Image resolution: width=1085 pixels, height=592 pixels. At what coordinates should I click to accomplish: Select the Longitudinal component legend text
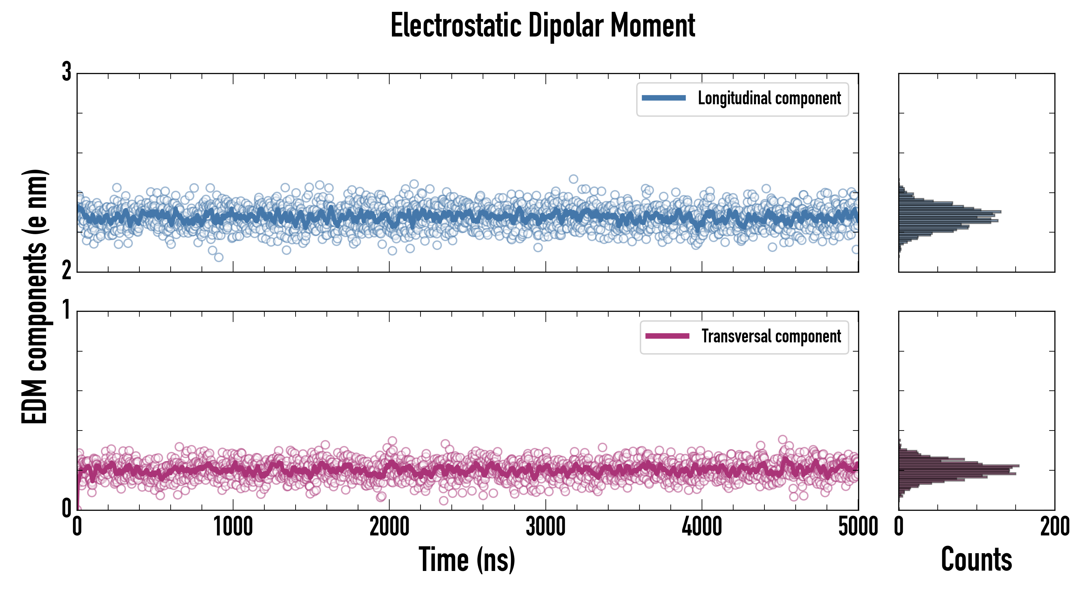(x=769, y=98)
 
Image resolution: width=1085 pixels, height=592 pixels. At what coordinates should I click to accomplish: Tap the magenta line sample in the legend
(x=667, y=336)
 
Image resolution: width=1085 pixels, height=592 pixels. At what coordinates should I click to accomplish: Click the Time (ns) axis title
(x=467, y=559)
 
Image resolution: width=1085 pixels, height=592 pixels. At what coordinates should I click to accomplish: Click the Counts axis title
(x=976, y=559)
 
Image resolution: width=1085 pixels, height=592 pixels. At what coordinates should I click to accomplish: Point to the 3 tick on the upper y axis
(x=66, y=72)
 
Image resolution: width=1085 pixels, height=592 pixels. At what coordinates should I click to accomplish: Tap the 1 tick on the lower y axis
(x=66, y=310)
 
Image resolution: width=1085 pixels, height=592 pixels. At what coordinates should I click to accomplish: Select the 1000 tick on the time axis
(x=233, y=527)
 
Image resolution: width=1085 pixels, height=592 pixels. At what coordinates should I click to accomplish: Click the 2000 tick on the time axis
(x=389, y=527)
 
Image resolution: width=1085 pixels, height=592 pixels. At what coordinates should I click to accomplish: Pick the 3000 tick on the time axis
(x=545, y=527)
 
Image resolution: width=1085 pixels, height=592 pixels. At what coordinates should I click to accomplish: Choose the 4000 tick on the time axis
(x=702, y=527)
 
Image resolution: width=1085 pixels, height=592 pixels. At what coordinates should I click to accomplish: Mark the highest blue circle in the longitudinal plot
(x=573, y=179)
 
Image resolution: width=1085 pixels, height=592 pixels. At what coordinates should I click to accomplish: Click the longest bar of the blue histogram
(x=950, y=211)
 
